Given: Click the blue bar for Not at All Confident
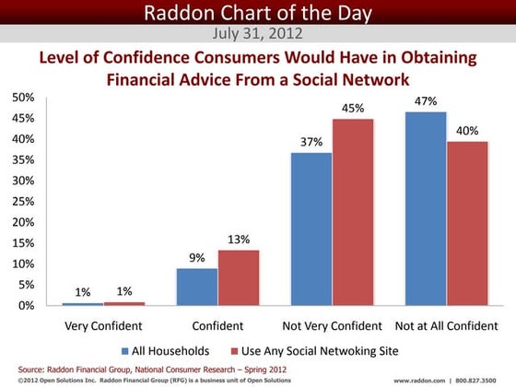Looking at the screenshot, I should coord(424,208).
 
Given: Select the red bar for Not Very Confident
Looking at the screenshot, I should coord(353,212).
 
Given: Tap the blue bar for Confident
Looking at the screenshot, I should coord(196,287).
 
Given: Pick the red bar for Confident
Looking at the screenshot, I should coord(238,277).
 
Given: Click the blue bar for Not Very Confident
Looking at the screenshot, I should coord(311,229).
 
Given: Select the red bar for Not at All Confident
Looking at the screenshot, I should coord(466,223).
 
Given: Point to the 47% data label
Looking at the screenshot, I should coord(425,100).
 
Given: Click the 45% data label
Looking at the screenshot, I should coord(353,108).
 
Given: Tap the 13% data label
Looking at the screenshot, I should coord(239,240).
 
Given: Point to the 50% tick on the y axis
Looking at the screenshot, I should coord(23,98).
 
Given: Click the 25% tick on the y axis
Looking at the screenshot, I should coord(23,202).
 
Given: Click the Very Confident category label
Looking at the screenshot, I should coord(102,326).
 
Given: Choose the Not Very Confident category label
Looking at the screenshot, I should coord(332,326).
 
